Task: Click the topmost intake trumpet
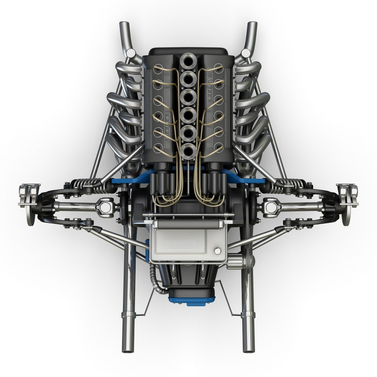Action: [188, 61]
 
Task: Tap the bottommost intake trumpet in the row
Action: [188, 150]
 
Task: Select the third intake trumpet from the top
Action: [188, 95]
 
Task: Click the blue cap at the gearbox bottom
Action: [187, 301]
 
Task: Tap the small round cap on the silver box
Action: [218, 251]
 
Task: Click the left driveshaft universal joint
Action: [106, 206]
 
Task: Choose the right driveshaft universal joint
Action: [271, 206]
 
